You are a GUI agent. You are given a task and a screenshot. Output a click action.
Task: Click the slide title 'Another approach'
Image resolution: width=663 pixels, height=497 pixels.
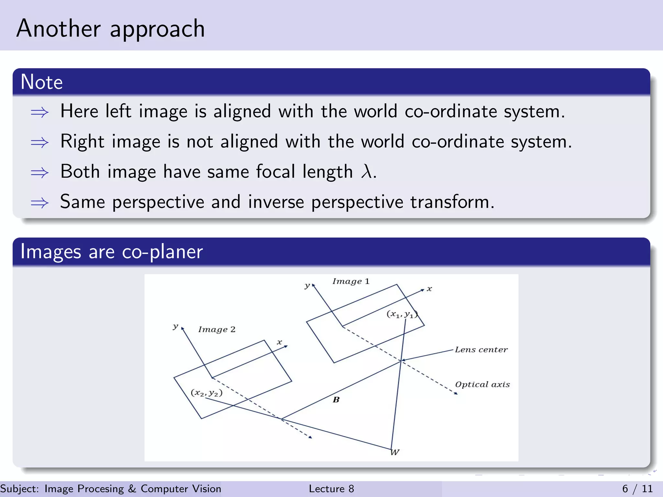tap(110, 29)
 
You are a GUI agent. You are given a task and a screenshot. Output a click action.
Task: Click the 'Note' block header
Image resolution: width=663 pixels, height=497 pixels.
tap(41, 82)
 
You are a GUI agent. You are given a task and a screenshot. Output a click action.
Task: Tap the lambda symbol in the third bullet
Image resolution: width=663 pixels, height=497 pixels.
tap(366, 171)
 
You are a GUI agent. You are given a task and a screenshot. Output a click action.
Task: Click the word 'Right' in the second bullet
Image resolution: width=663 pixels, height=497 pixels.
tap(82, 142)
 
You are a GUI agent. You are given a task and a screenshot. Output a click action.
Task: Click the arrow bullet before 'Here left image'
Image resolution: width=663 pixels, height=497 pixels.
tap(39, 112)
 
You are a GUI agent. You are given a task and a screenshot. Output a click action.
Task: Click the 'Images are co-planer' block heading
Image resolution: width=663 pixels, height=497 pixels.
tap(111, 252)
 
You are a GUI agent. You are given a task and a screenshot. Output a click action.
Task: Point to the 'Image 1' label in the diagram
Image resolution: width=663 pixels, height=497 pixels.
tap(351, 281)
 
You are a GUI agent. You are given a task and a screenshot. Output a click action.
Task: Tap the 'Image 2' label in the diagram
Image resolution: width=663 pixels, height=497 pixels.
tap(217, 329)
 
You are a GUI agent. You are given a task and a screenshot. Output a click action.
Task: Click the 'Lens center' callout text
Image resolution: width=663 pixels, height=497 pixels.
tap(481, 350)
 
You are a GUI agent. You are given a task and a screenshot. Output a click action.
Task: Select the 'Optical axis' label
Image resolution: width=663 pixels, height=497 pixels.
tap(482, 384)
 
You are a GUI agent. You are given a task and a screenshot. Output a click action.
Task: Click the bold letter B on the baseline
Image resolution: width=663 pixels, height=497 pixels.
tap(336, 400)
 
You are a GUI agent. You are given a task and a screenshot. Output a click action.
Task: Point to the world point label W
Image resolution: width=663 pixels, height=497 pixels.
tap(395, 452)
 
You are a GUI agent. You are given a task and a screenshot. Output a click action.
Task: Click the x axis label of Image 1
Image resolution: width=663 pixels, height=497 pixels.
tap(429, 289)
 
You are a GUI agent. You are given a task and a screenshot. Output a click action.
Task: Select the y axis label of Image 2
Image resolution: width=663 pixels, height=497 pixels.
tap(175, 326)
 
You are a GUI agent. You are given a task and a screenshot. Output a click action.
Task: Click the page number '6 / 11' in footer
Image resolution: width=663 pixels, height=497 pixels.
tap(637, 489)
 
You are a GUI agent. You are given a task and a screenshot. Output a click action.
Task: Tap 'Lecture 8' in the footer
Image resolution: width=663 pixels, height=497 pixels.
tap(331, 489)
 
